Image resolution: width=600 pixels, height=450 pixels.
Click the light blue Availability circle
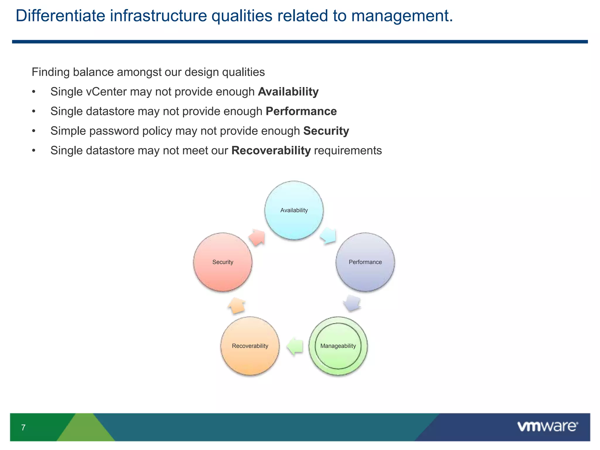[x=294, y=210]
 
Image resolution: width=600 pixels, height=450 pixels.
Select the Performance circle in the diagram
[x=365, y=262]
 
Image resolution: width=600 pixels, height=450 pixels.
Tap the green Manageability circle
[x=338, y=346]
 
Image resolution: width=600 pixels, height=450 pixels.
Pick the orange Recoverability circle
[x=250, y=346]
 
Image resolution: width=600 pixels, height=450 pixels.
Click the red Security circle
[x=223, y=262]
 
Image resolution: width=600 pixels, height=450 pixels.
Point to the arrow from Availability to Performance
[x=328, y=236]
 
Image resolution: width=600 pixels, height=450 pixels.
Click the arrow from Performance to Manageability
[x=352, y=303]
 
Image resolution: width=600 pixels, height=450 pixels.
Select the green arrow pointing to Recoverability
[x=295, y=347]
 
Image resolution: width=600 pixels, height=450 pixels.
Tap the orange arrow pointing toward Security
[x=237, y=306]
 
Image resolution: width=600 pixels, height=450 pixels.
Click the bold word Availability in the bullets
[x=288, y=92]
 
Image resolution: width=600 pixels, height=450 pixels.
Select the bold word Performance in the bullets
[x=301, y=111]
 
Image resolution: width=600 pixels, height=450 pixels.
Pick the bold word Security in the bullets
[x=326, y=131]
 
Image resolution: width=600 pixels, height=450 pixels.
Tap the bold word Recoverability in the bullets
[x=271, y=151]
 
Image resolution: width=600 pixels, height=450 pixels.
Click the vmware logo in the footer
[x=547, y=426]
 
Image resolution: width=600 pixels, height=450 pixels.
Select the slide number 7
[x=23, y=427]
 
